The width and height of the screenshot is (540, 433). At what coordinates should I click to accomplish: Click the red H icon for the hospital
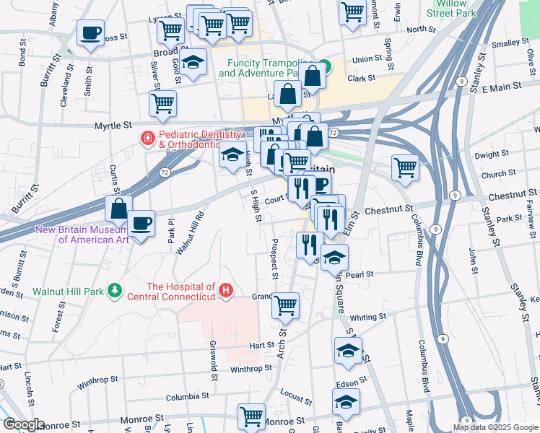pos(227,291)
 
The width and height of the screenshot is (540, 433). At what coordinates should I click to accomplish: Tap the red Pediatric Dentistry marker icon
pos(147,137)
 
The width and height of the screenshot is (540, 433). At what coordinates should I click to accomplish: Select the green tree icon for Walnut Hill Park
pos(114,290)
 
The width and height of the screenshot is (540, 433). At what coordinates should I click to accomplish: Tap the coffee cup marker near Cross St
pos(90,33)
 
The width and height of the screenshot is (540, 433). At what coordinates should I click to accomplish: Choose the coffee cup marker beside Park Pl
pos(141,223)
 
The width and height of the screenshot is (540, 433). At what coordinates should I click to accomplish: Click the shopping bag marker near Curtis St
pos(118,209)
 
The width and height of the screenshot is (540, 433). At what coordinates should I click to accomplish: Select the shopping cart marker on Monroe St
pos(251,416)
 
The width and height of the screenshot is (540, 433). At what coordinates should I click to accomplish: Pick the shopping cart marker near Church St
pos(406,167)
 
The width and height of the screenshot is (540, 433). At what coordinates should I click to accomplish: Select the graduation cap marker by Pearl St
pos(335,256)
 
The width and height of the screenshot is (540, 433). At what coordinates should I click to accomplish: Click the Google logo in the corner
pos(23,424)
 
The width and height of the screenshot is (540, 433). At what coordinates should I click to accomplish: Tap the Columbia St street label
pos(187,397)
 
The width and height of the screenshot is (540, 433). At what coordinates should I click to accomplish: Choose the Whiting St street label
pos(368,316)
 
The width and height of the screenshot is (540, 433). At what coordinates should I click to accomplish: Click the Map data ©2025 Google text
pos(495,427)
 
